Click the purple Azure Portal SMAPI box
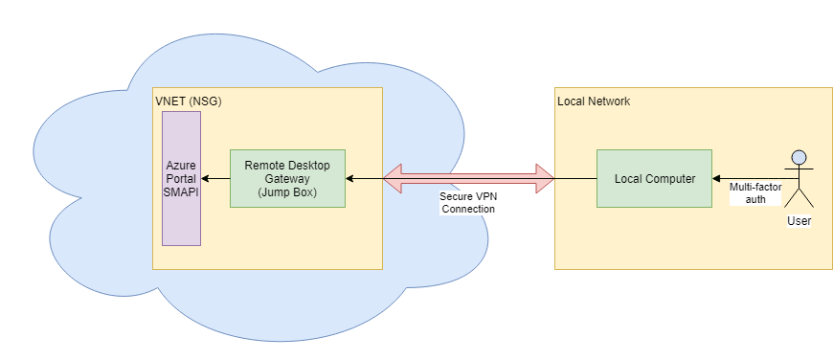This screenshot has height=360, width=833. pyautogui.click(x=181, y=220)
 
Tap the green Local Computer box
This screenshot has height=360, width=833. pyautogui.click(x=654, y=178)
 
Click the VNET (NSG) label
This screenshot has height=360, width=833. pyautogui.click(x=189, y=101)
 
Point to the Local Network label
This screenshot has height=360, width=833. pyautogui.click(x=594, y=101)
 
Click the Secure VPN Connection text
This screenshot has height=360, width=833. pyautogui.click(x=468, y=202)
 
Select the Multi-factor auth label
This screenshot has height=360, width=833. pyautogui.click(x=755, y=192)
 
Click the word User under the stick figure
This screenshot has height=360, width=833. pyautogui.click(x=798, y=221)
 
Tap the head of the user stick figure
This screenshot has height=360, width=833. pyautogui.click(x=798, y=157)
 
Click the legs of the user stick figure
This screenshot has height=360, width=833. pyautogui.click(x=798, y=198)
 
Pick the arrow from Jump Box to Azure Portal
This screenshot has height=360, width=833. pyautogui.click(x=215, y=178)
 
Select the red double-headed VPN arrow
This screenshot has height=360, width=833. pyautogui.click(x=468, y=178)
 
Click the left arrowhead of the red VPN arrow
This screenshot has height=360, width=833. pyautogui.click(x=393, y=178)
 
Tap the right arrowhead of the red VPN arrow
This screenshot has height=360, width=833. pyautogui.click(x=545, y=178)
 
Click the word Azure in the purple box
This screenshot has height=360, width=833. pyautogui.click(x=181, y=166)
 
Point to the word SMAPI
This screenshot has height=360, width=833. pyautogui.click(x=181, y=191)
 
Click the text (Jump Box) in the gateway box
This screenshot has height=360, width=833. pyautogui.click(x=287, y=191)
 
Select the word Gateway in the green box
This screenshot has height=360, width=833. pyautogui.click(x=287, y=178)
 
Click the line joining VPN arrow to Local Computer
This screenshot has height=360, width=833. pyautogui.click(x=575, y=178)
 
